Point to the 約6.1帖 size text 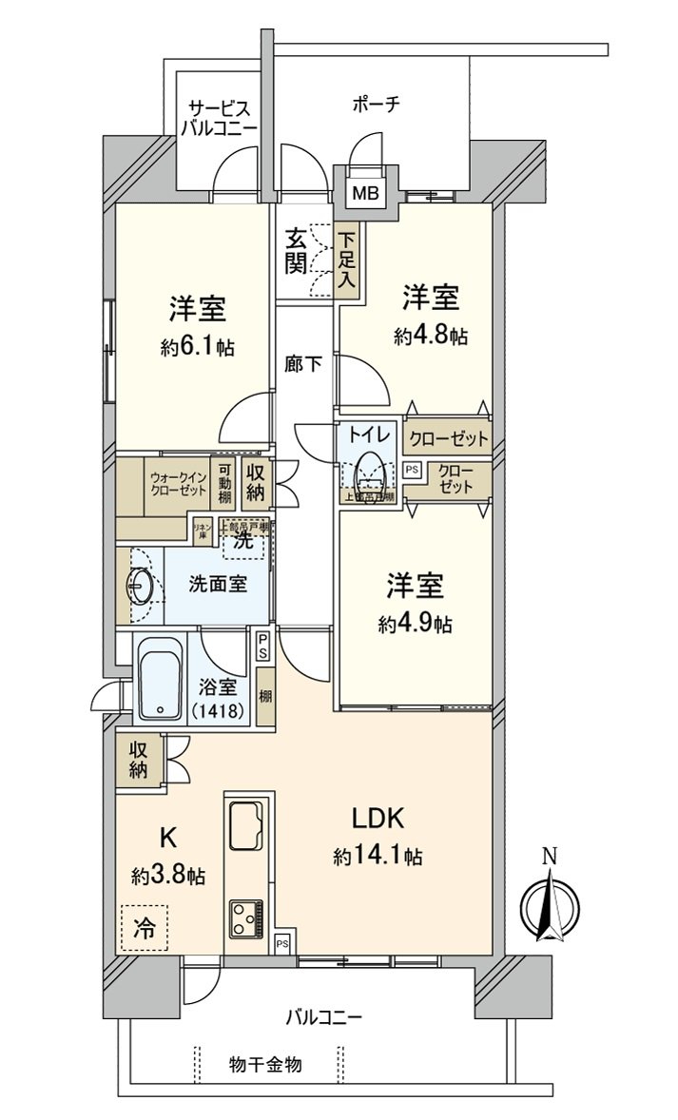click(198, 347)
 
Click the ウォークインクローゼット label click(177, 483)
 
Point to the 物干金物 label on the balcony click(265, 1064)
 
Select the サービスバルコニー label click(221, 117)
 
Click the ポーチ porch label click(373, 105)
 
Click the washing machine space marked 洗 click(244, 542)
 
